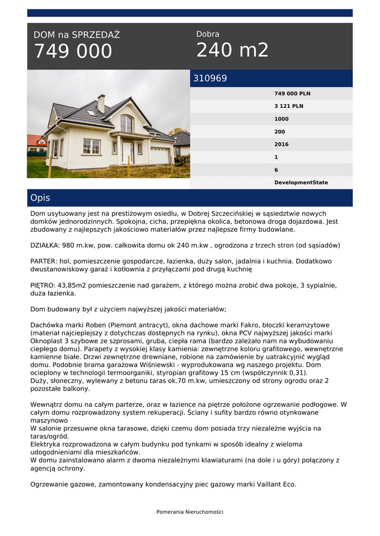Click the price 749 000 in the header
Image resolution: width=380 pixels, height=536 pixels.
73,51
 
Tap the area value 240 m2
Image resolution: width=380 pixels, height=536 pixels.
232,50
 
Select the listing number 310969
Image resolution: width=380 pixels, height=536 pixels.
210,79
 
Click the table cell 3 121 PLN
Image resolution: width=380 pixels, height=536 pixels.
288,106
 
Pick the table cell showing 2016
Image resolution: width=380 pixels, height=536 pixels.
281,144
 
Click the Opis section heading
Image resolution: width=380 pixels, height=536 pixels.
40,198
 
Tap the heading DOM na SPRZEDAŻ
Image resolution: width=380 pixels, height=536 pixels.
77,35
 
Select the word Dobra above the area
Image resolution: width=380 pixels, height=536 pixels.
208,34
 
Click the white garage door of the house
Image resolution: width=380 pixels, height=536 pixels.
159,155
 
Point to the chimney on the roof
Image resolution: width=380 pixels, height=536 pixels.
101,103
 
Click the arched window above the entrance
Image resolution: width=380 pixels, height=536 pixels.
126,124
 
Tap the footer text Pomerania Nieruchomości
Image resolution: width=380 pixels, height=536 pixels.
190,512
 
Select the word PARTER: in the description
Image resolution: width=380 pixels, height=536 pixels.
44,261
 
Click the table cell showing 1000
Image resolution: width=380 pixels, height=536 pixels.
281,119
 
